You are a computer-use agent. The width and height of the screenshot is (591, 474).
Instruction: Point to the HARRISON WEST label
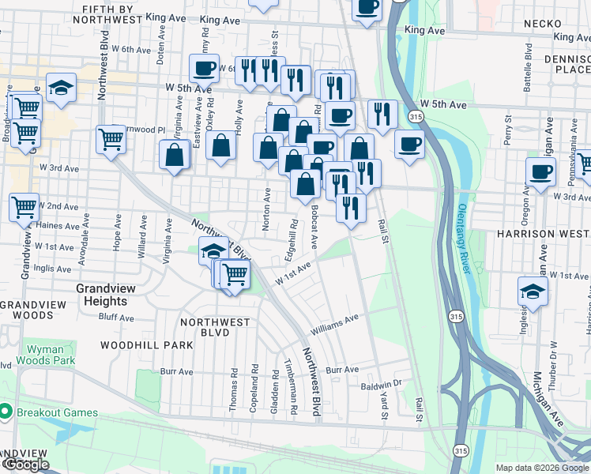coord(543,235)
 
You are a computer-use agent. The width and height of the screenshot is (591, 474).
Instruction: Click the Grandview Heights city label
coord(101,295)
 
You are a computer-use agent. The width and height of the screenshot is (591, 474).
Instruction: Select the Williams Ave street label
coord(335,324)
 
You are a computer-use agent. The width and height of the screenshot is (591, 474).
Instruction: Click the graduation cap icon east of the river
coord(533,291)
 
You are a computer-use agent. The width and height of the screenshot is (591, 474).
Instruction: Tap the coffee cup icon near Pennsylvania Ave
coord(541,171)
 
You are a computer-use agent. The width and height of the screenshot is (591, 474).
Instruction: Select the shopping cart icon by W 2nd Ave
coord(24,207)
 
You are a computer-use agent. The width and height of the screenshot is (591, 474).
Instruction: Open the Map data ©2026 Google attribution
coord(542,468)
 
